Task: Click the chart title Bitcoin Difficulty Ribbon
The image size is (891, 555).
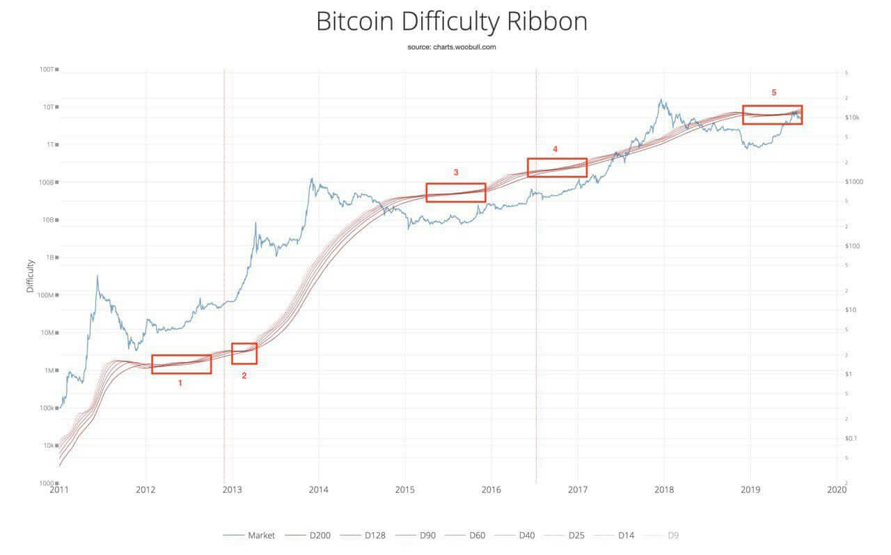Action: pyautogui.click(x=452, y=22)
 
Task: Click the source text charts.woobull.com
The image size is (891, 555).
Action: pyautogui.click(x=452, y=47)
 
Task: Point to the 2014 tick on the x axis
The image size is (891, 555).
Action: pyautogui.click(x=318, y=490)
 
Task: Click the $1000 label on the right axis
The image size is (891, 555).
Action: pyautogui.click(x=855, y=182)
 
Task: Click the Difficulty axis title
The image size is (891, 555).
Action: pyautogui.click(x=30, y=275)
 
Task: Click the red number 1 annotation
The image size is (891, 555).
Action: pyautogui.click(x=180, y=383)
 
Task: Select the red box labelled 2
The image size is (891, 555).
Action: pyautogui.click(x=244, y=353)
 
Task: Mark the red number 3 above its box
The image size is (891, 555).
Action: pyautogui.click(x=456, y=172)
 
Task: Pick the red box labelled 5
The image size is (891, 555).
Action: pyautogui.click(x=772, y=115)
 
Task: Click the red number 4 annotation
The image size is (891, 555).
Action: pyautogui.click(x=555, y=149)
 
